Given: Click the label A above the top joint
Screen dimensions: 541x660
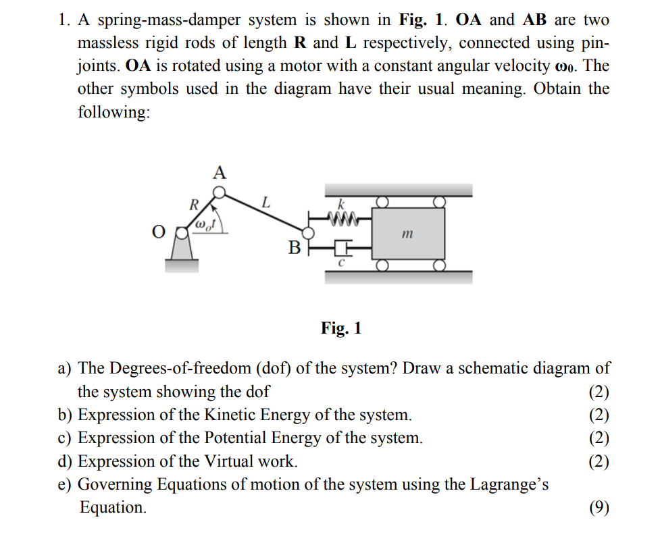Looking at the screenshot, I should pos(219,172).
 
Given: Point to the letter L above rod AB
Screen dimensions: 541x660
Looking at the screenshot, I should pos(266,202).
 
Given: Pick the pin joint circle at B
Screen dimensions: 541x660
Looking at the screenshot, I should pos(308,233).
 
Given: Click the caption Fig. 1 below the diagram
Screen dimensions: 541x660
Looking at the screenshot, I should pos(341,328).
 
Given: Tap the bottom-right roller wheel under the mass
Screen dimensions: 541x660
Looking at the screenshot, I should pos(440,265).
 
